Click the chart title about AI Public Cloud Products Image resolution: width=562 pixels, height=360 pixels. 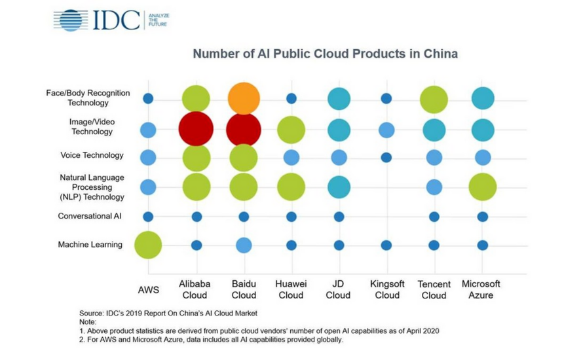(325, 54)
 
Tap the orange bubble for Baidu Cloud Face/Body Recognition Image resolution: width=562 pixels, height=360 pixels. (244, 98)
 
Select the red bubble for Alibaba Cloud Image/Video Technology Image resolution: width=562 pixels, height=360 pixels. (196, 129)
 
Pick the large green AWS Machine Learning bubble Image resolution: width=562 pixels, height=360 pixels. (148, 245)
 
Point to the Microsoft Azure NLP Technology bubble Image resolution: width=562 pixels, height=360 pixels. (482, 187)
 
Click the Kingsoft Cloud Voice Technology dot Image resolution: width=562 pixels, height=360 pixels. (386, 157)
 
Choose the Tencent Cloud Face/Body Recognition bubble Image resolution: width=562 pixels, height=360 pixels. (434, 99)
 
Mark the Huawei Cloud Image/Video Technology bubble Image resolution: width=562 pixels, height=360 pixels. (291, 130)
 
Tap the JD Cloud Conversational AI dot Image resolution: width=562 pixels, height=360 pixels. (339, 217)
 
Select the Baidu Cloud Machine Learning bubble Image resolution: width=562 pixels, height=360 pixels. (244, 245)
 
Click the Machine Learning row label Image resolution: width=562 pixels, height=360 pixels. (90, 245)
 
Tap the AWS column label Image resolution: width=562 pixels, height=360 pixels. (148, 290)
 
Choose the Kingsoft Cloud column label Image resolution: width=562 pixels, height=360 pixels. (386, 289)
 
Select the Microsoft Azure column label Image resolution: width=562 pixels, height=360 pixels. (481, 289)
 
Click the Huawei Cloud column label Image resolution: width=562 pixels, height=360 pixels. (291, 289)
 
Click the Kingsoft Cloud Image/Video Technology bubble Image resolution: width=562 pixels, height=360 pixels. (386, 130)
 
